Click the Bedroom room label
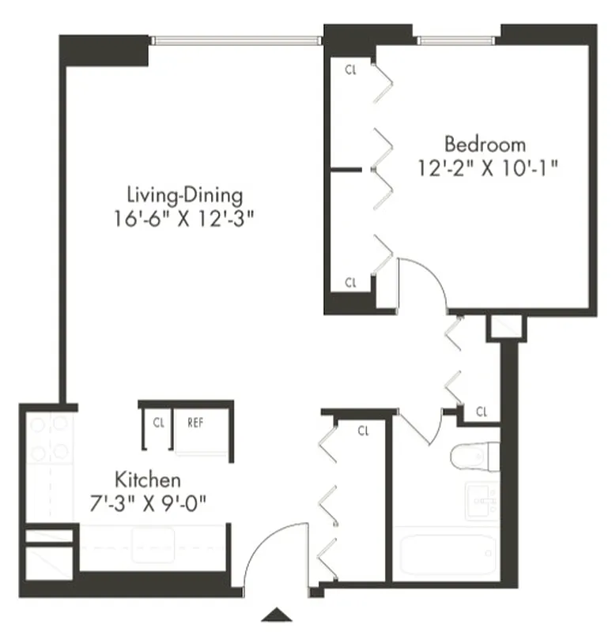click(485, 145)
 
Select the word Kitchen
click(149, 480)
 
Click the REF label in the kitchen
click(195, 423)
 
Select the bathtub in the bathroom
click(447, 555)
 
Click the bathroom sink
click(481, 501)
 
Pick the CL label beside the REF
click(159, 423)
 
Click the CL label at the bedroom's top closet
click(351, 70)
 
